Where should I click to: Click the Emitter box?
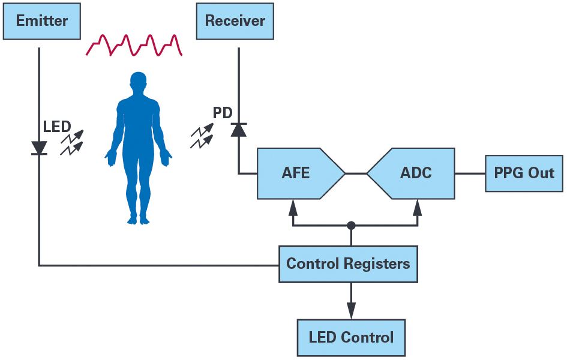(x=42, y=21)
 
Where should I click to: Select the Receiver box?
(x=235, y=21)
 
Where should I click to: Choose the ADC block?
(x=413, y=173)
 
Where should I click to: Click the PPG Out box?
(x=524, y=173)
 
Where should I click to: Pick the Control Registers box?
(x=348, y=264)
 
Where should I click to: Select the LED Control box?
(x=351, y=337)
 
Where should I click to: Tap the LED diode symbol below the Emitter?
(x=40, y=148)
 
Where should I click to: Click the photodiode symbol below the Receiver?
(x=239, y=129)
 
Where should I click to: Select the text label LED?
(x=57, y=127)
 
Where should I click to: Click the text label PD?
(x=222, y=113)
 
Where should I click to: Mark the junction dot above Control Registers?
(x=351, y=226)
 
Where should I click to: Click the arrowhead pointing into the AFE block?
(x=293, y=207)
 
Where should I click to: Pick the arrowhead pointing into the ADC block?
(x=418, y=207)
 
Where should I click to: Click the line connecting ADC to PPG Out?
(x=470, y=173)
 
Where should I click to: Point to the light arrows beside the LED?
(x=71, y=142)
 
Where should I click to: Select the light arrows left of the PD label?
(x=202, y=136)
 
